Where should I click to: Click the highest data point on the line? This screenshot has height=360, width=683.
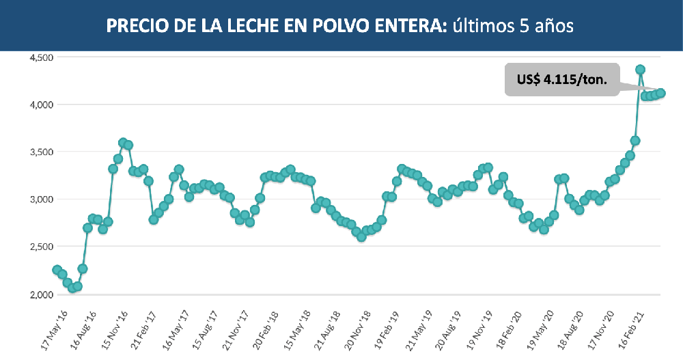[641, 70]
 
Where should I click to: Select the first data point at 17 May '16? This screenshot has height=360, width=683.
[57, 270]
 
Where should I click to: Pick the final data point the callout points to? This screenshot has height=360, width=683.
[661, 94]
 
